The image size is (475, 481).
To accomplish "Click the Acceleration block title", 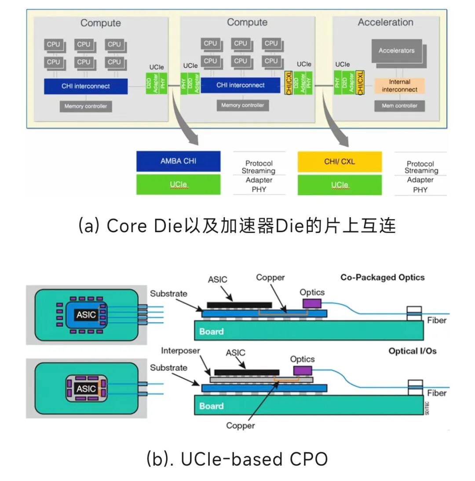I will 385,22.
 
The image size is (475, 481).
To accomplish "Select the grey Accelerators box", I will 396,51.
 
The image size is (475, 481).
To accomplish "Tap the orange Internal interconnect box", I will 399,86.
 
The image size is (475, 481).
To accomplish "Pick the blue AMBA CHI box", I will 178,161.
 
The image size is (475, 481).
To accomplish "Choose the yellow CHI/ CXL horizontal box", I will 340,161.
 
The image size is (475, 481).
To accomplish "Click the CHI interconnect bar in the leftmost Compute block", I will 86,86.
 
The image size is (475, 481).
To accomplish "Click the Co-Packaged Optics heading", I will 382,277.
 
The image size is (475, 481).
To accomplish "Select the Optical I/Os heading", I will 412,351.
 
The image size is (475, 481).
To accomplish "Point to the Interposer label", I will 180,350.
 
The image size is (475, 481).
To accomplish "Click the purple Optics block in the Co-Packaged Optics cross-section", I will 312,303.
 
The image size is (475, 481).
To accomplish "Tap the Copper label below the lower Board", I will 240,425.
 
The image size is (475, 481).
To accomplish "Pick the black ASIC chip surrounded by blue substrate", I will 86,314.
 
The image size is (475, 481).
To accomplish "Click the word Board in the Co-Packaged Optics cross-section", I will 212,331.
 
